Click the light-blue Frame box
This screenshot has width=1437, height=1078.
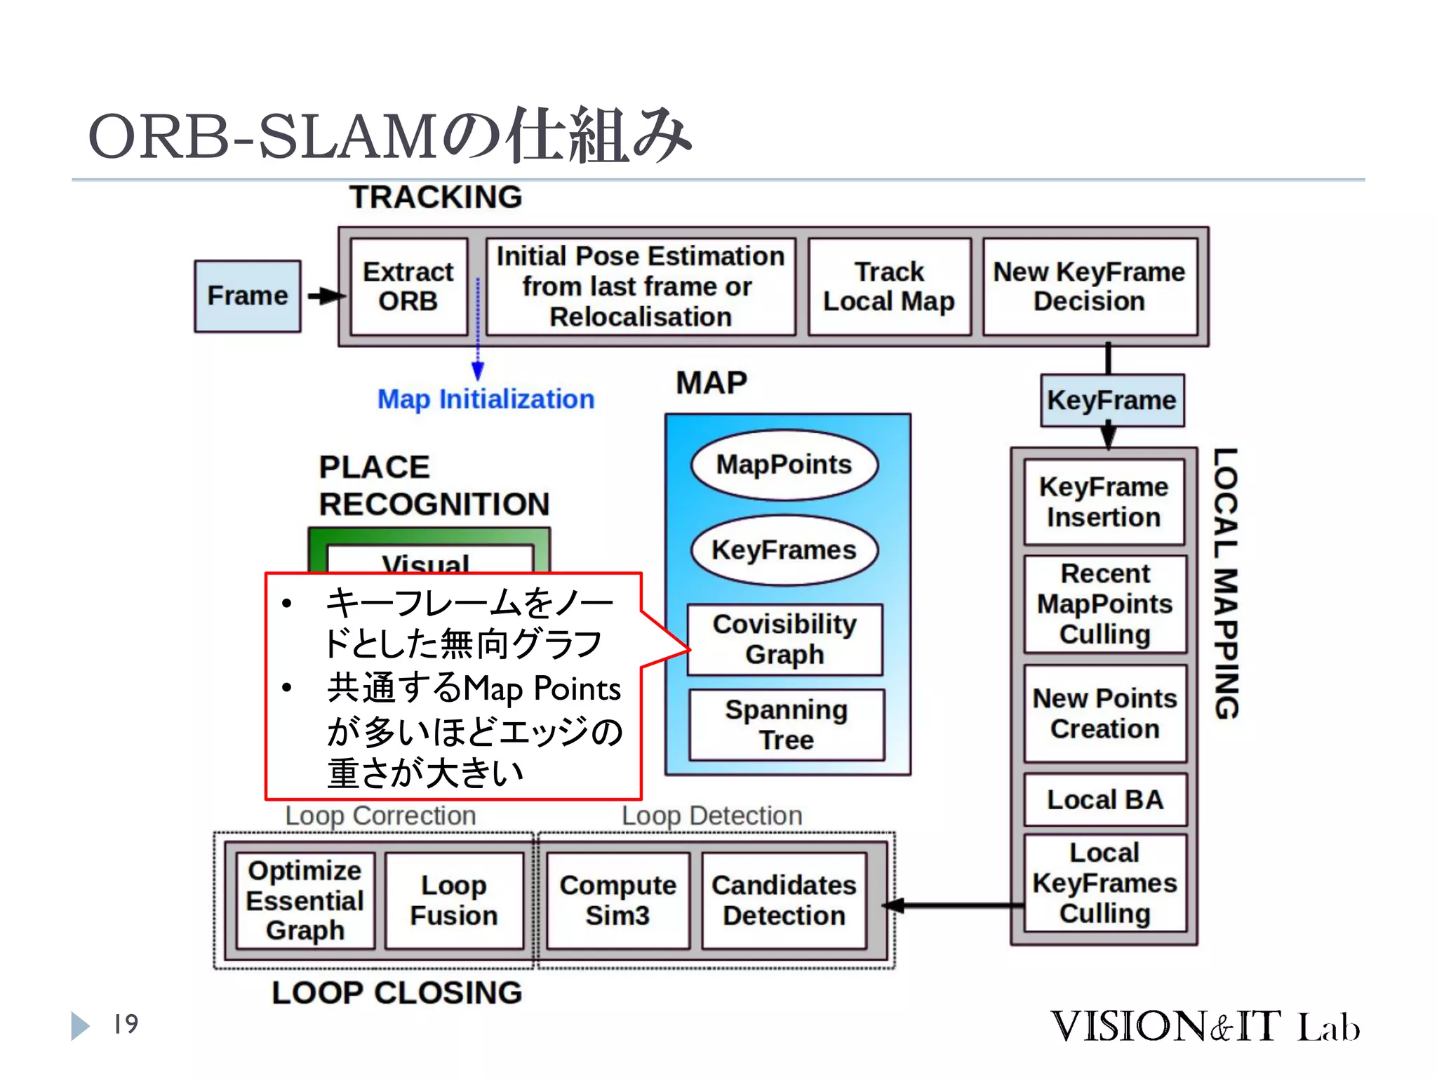[247, 296]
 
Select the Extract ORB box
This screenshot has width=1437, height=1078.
[408, 286]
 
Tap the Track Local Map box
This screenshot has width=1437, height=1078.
[889, 286]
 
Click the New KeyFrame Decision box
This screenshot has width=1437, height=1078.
[1089, 286]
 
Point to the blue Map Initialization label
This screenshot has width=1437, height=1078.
[486, 399]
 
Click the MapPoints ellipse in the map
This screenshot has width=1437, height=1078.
[784, 465]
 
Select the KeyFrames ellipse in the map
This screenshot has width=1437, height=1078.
[784, 550]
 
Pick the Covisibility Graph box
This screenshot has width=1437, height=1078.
[784, 639]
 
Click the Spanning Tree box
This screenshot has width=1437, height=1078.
[787, 725]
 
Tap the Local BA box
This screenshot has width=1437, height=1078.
[1105, 800]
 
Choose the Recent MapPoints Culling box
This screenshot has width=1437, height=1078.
[1105, 604]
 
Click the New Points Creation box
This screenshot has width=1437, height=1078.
[1105, 714]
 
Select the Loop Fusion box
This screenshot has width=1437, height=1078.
[454, 900]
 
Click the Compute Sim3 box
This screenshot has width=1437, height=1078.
[617, 900]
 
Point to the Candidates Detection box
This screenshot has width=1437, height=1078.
[784, 900]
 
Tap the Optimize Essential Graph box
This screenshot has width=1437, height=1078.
[305, 900]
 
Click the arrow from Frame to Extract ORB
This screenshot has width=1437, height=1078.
[324, 296]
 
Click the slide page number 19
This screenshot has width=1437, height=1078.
[126, 1024]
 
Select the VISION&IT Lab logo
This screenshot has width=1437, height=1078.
[1204, 1027]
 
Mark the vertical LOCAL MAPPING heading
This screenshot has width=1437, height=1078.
[1226, 583]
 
